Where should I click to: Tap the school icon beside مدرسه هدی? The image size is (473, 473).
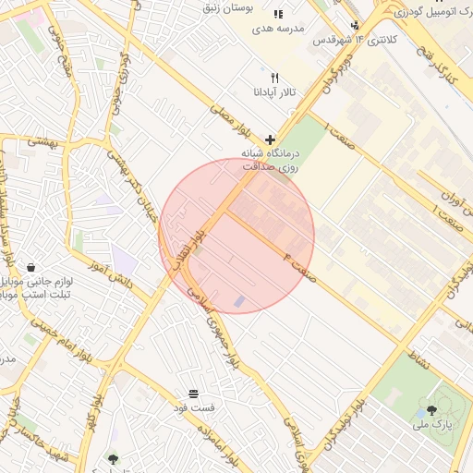(279, 14)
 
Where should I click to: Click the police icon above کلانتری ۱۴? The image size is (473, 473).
(356, 25)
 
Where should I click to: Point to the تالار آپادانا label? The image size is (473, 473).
(274, 93)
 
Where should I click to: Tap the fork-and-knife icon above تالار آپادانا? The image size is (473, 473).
(274, 79)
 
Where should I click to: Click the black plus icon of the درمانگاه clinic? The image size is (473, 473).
(270, 139)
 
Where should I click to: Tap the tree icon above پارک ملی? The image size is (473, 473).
(431, 410)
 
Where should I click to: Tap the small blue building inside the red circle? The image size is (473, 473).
(240, 301)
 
